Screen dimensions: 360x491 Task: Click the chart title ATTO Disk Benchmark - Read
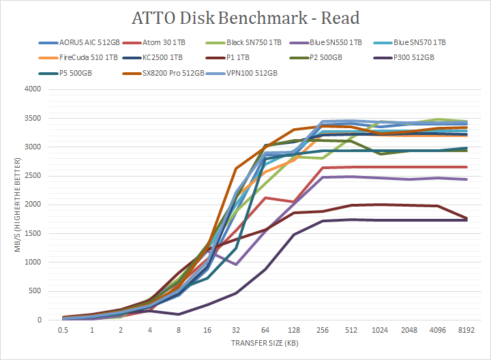(245, 18)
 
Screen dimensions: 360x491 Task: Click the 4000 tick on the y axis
(32, 89)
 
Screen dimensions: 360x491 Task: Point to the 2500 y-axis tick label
(32, 176)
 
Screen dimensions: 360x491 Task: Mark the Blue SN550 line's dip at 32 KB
(235, 265)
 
